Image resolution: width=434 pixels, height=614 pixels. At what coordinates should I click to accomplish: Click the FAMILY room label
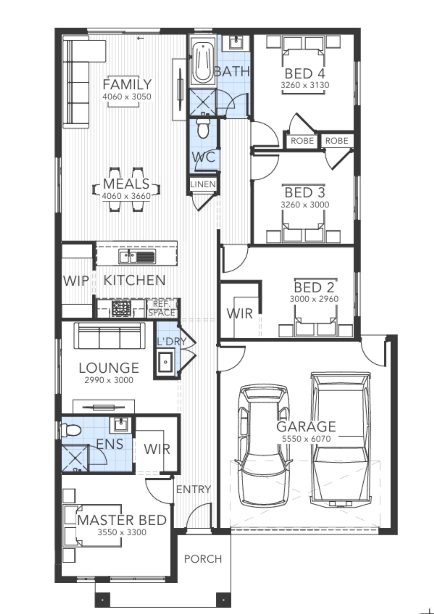(x=127, y=84)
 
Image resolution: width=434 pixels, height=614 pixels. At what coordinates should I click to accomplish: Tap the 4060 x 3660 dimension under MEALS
(x=126, y=196)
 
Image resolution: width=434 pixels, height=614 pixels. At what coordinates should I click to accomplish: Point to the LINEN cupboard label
(x=203, y=184)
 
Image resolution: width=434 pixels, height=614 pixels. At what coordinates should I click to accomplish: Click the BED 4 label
(x=305, y=74)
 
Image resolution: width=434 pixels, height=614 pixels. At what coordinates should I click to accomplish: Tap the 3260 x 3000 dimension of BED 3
(x=305, y=204)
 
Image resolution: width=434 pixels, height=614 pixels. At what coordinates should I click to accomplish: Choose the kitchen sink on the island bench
(x=137, y=257)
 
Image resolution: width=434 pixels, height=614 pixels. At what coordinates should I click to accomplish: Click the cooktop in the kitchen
(x=121, y=308)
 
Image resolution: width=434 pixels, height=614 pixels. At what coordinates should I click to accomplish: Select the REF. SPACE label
(x=162, y=308)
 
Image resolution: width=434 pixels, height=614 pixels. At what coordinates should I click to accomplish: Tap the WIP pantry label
(x=76, y=281)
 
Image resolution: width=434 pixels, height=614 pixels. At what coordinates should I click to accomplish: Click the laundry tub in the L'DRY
(x=165, y=362)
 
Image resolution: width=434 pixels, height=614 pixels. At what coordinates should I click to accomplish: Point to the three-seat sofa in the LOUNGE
(x=109, y=336)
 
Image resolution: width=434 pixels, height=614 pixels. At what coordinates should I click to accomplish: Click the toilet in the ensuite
(x=71, y=429)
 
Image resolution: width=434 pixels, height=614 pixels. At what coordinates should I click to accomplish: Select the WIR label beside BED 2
(x=240, y=313)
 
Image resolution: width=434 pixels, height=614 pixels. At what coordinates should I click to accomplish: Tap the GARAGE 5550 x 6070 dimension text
(x=306, y=439)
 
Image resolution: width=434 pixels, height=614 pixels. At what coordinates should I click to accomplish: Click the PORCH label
(x=203, y=559)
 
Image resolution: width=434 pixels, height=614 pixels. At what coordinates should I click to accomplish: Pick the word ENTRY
(x=194, y=489)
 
